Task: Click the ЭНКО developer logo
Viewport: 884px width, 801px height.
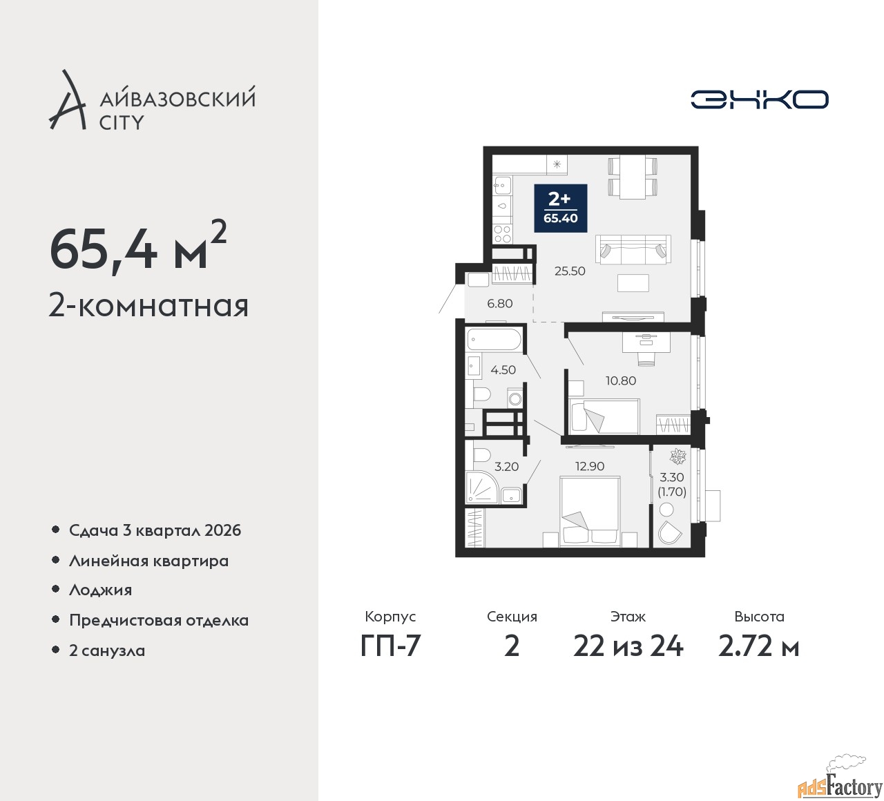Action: pyautogui.click(x=759, y=99)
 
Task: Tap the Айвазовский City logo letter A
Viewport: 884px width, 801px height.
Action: pyautogui.click(x=67, y=101)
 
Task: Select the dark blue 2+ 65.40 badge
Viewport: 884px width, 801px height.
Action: pyautogui.click(x=560, y=208)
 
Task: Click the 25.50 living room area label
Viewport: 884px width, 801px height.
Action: pyautogui.click(x=570, y=271)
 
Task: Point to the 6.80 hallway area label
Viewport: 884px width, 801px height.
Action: pyautogui.click(x=499, y=303)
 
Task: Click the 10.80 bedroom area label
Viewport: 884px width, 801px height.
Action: pyautogui.click(x=620, y=380)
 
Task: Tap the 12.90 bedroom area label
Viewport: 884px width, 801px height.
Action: pyautogui.click(x=589, y=466)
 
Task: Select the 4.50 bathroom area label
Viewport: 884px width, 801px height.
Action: pyautogui.click(x=503, y=370)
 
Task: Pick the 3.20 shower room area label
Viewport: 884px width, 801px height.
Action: pyautogui.click(x=506, y=467)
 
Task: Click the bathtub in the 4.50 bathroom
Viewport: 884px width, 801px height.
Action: pyautogui.click(x=494, y=340)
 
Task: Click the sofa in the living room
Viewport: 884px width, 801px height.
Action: pyautogui.click(x=633, y=249)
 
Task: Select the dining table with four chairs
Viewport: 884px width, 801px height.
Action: pyautogui.click(x=632, y=177)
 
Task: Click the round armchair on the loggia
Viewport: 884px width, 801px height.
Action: pyautogui.click(x=669, y=532)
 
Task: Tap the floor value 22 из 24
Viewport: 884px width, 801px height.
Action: pyautogui.click(x=628, y=646)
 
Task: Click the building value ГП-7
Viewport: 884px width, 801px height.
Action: pyautogui.click(x=390, y=646)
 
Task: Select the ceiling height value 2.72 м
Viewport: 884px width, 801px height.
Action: pyautogui.click(x=758, y=646)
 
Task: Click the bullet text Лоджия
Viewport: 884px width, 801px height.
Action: pyautogui.click(x=100, y=590)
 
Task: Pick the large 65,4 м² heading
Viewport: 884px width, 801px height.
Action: pyautogui.click(x=137, y=250)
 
